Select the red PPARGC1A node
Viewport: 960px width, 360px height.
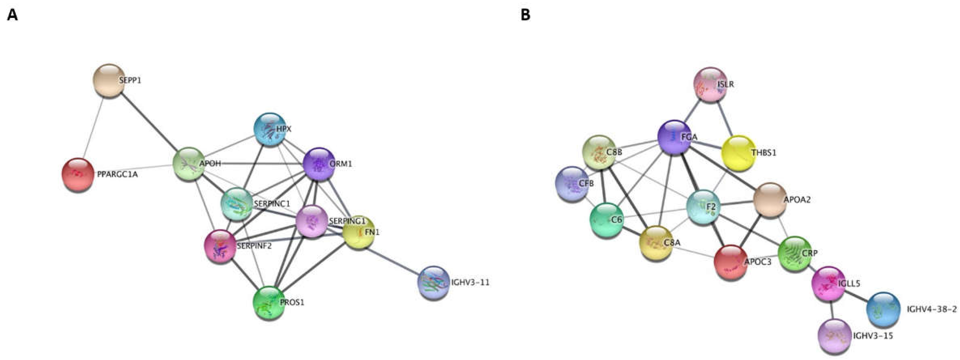pyautogui.click(x=78, y=174)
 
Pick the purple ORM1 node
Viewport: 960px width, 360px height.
pyautogui.click(x=319, y=164)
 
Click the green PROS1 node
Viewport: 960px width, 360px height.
pyautogui.click(x=269, y=303)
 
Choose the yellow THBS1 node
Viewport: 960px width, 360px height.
pyautogui.click(x=738, y=153)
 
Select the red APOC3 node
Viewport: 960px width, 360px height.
pyautogui.click(x=730, y=262)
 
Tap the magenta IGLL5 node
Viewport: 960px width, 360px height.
pyautogui.click(x=828, y=284)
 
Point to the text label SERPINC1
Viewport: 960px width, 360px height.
pyautogui.click(x=272, y=204)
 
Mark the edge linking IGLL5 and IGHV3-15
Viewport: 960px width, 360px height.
pyautogui.click(x=832, y=309)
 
